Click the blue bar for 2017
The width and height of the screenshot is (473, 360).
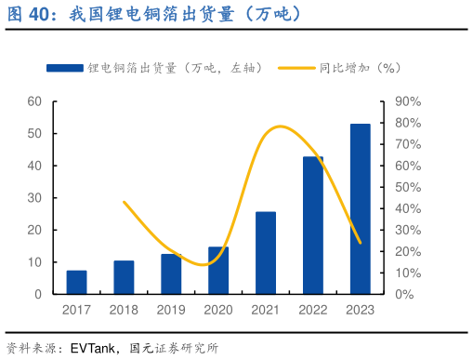click(x=77, y=283)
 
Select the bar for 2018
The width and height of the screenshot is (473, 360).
click(x=124, y=277)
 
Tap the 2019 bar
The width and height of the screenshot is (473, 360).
click(x=171, y=274)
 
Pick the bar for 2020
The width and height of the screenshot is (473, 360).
click(x=218, y=271)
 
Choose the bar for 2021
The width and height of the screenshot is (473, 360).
click(x=266, y=253)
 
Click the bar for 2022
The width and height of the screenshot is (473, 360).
click(x=313, y=225)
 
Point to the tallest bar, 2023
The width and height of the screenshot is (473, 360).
click(x=360, y=209)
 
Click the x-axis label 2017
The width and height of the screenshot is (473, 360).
click(x=77, y=310)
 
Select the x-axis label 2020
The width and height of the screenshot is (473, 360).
click(x=218, y=310)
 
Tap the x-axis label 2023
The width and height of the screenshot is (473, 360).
click(x=360, y=310)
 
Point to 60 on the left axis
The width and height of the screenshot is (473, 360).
click(x=33, y=101)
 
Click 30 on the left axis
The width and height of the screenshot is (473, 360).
click(x=33, y=198)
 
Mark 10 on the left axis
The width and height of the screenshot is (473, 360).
click(x=33, y=262)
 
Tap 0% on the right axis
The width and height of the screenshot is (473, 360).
click(x=406, y=295)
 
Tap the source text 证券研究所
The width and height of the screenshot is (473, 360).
click(x=186, y=349)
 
